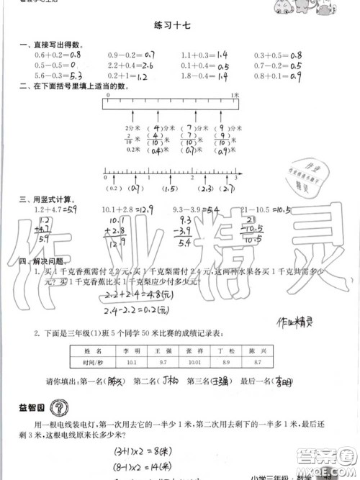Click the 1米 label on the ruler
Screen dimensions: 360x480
pos(235,94)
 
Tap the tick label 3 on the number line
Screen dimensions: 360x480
pos(235,178)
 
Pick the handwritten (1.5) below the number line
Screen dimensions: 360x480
pos(170,189)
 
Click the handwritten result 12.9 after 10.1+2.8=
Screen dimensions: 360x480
pos(144,209)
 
